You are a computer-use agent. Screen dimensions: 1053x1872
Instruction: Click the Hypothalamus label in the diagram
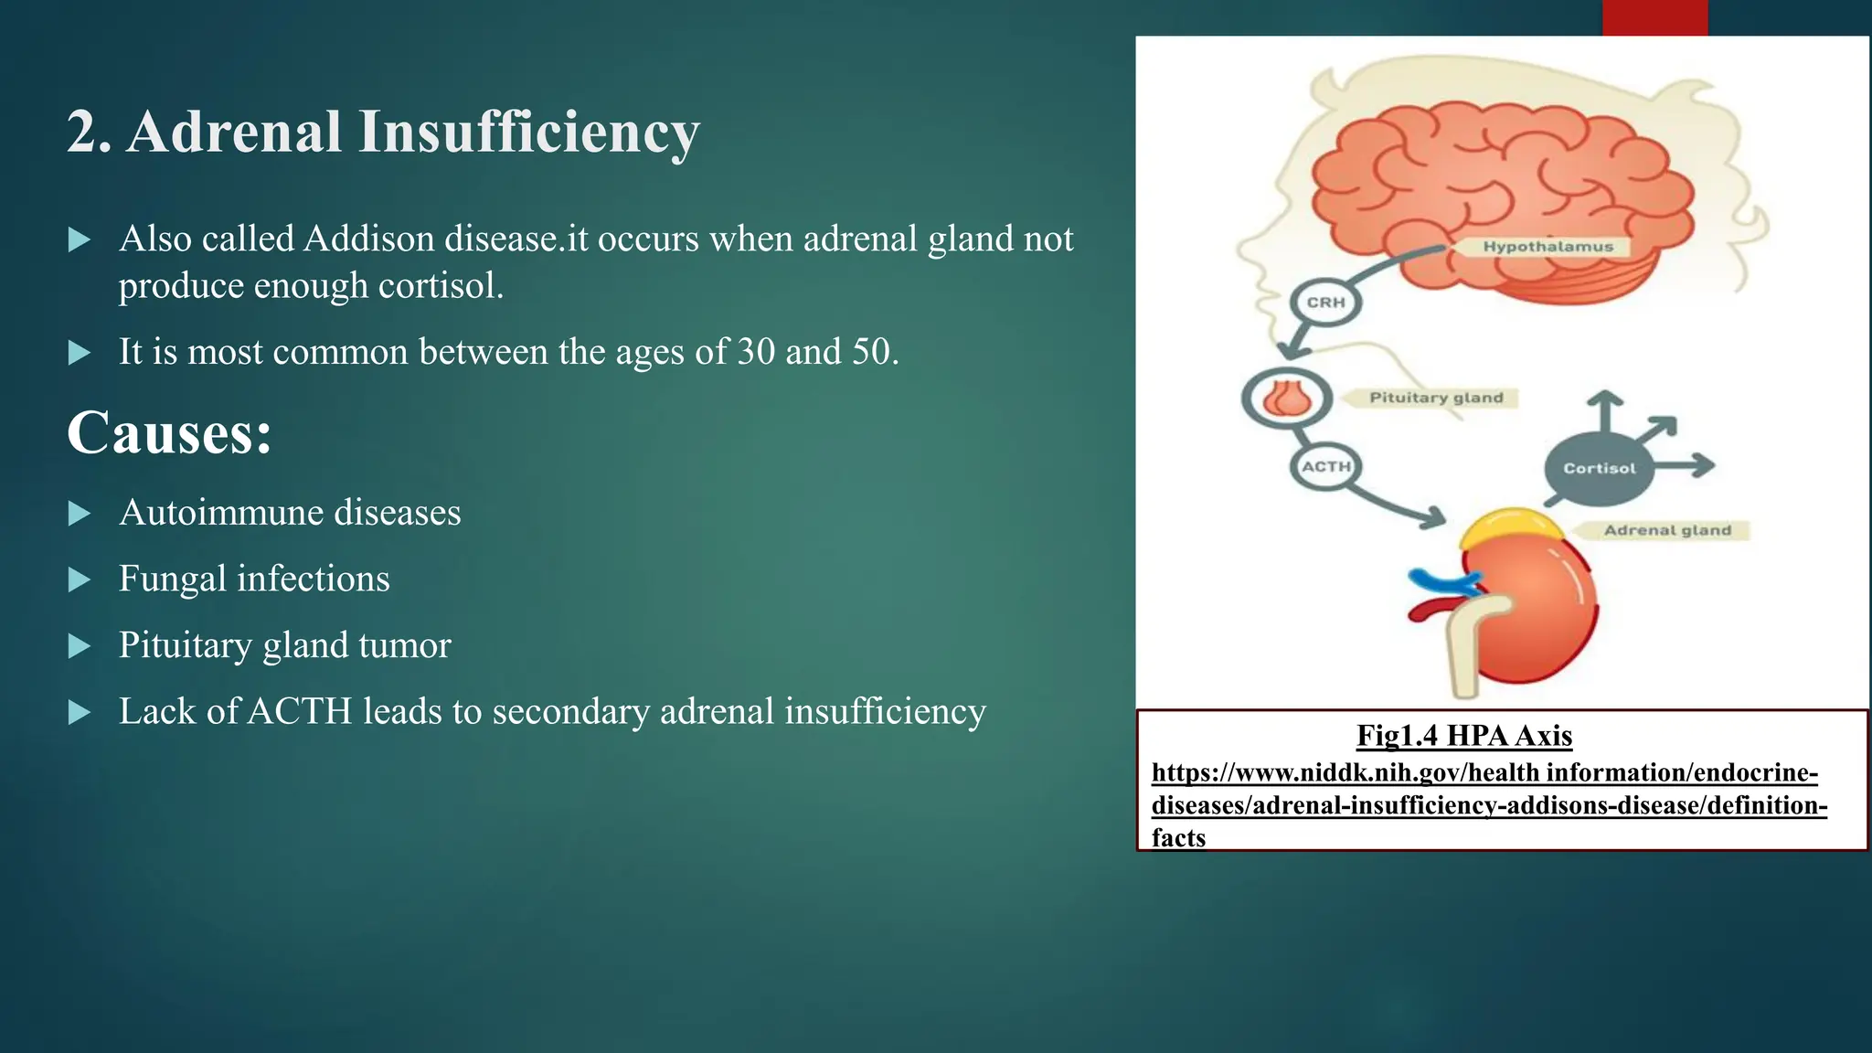1548,247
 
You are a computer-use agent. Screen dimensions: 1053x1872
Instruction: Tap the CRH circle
1325,303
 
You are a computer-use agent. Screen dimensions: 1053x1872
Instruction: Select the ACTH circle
1325,467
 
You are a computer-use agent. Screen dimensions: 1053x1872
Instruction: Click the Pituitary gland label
1435,398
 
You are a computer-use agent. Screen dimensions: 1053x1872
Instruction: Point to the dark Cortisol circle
1599,468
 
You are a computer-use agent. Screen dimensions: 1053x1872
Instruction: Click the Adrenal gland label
1667,530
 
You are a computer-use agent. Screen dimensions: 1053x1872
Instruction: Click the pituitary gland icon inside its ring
1287,398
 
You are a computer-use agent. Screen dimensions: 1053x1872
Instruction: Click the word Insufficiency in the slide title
528,132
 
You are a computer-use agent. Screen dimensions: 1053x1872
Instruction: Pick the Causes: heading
169,432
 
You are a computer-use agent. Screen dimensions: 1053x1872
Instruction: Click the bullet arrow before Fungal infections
80,580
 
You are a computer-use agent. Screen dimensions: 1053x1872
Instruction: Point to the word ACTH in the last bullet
299,711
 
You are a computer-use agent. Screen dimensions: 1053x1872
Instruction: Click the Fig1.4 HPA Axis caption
1463,736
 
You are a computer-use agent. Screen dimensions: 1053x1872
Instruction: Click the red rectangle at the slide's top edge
1654,17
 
